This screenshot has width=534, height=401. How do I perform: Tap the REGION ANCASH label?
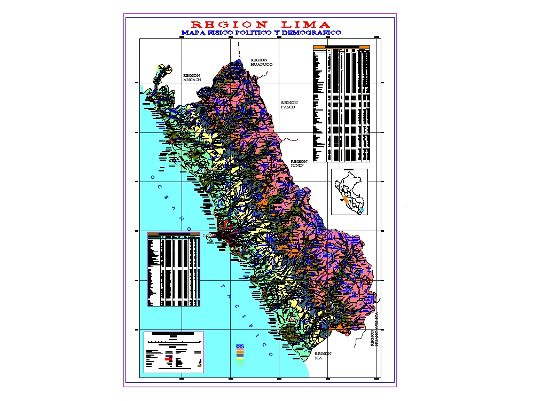191,78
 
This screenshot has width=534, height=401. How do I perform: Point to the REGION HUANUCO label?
261,62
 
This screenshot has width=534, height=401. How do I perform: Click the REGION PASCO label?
289,105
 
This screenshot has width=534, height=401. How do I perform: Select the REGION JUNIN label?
299,163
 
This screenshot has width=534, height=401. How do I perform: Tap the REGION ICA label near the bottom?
323,356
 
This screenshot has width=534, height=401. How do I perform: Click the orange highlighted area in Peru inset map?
345,199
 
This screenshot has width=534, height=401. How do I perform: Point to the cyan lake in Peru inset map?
362,210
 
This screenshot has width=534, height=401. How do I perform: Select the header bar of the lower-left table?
174,234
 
